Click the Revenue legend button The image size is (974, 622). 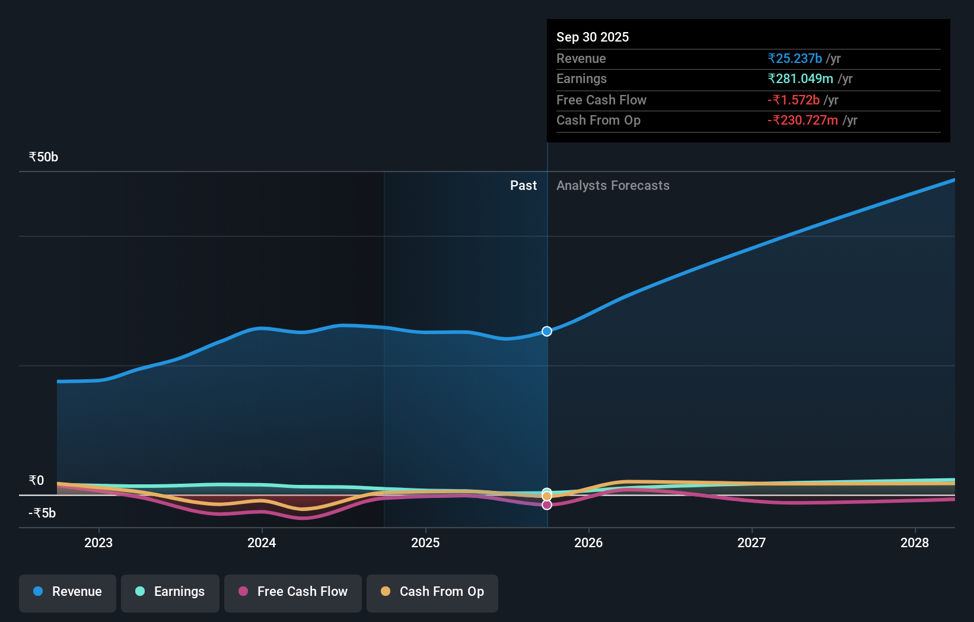(x=68, y=592)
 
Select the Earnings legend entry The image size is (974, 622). (x=170, y=592)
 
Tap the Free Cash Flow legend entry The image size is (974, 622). (x=293, y=592)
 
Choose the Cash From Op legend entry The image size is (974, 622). (x=432, y=592)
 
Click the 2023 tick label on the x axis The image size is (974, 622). (x=98, y=542)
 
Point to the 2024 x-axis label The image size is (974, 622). (x=262, y=542)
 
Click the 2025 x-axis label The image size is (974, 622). (x=425, y=542)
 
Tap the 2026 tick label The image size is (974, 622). (x=588, y=542)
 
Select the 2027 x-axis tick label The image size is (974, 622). (x=752, y=542)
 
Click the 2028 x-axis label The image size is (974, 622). (x=915, y=542)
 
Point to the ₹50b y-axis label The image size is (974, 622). (x=43, y=157)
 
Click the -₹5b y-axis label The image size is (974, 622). (x=42, y=513)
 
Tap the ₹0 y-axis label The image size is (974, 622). (x=36, y=481)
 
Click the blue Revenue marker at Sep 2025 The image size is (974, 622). (x=547, y=331)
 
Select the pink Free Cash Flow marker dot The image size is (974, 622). (x=547, y=505)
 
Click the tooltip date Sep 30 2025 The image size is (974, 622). (x=592, y=37)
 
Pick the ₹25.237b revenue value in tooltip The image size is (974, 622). (x=794, y=58)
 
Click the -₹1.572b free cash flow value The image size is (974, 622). (x=793, y=100)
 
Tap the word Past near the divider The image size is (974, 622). (x=523, y=186)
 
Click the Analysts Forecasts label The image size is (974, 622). (x=613, y=186)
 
